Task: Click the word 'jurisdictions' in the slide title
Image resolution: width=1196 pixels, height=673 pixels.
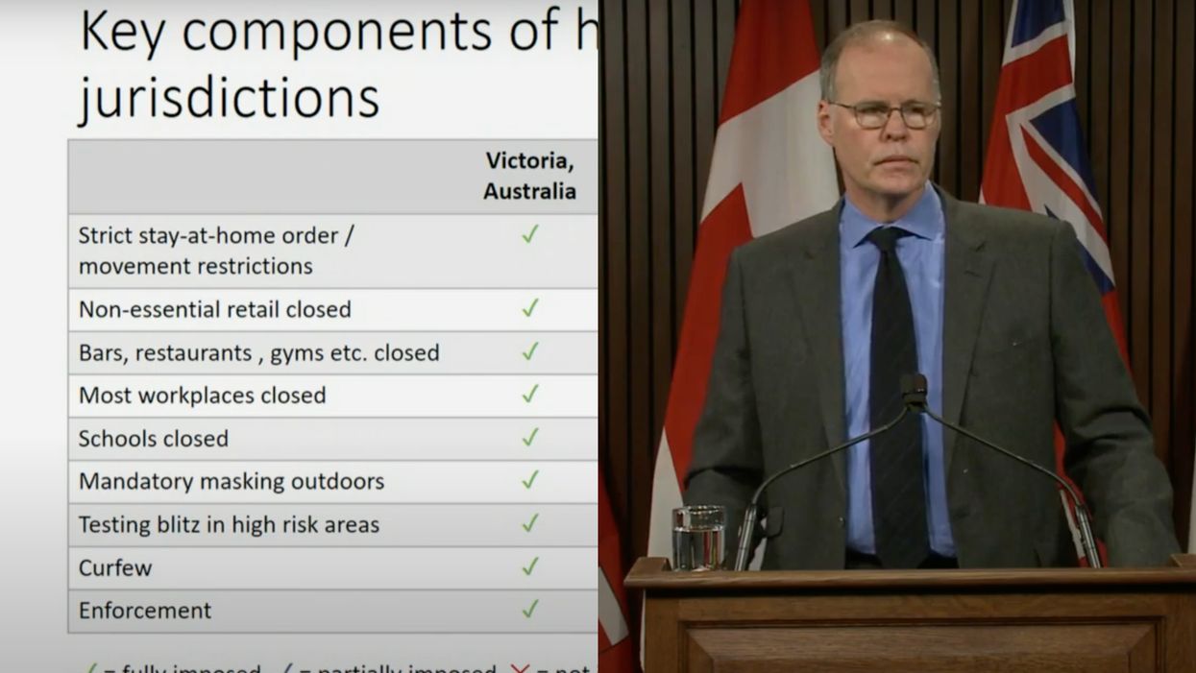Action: pyautogui.click(x=229, y=98)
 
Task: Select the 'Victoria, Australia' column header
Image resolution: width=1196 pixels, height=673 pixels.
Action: pyautogui.click(x=529, y=176)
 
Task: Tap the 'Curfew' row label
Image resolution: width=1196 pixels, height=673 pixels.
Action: pyautogui.click(x=115, y=567)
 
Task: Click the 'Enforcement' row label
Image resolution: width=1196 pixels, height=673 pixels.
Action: pyautogui.click(x=145, y=611)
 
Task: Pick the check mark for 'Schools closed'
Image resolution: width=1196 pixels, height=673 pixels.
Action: pyautogui.click(x=529, y=438)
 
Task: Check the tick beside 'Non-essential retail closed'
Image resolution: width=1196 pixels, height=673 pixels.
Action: pyautogui.click(x=529, y=308)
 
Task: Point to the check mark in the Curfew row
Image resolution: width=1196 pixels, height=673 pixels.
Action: pyautogui.click(x=529, y=566)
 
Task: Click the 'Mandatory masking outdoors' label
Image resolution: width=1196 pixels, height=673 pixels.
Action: pyautogui.click(x=232, y=481)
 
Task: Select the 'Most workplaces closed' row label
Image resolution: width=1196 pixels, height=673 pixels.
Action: pyautogui.click(x=202, y=396)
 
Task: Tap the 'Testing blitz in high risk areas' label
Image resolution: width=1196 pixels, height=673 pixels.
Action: pyautogui.click(x=229, y=524)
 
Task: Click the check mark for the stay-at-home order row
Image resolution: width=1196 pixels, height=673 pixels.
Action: pyautogui.click(x=529, y=234)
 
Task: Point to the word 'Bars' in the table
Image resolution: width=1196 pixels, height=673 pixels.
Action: pyautogui.click(x=100, y=352)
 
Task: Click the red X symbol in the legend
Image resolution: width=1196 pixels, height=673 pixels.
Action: pyautogui.click(x=520, y=666)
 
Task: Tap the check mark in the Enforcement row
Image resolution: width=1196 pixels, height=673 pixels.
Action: pyautogui.click(x=529, y=609)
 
